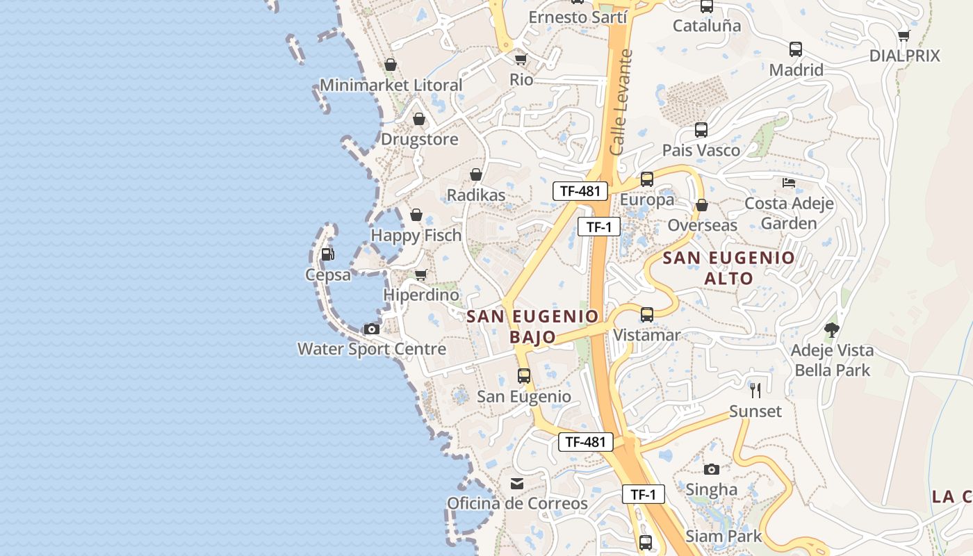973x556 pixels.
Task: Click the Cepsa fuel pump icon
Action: coord(328,254)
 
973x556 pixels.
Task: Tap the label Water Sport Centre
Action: coord(372,348)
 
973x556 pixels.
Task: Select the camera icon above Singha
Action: coord(711,469)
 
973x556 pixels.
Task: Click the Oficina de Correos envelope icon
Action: coord(517,484)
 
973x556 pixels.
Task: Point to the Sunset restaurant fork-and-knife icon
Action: coord(755,391)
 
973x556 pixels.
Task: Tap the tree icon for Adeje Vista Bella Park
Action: coord(832,329)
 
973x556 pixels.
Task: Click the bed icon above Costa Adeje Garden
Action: coord(789,183)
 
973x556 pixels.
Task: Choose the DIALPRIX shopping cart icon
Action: coord(904,35)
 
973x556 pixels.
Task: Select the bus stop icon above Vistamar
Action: coord(647,314)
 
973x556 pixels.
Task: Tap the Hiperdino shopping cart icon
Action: coord(420,275)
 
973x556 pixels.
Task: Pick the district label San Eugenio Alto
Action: coord(728,268)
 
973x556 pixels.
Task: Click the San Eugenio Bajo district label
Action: coord(532,327)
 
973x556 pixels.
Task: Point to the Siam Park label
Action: coord(723,537)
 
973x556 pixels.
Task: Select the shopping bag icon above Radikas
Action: coord(476,174)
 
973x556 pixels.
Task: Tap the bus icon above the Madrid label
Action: coord(796,49)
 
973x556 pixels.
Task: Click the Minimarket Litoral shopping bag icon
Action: coord(391,65)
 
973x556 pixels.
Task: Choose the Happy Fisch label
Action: coord(416,236)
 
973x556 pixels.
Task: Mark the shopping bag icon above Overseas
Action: coord(702,205)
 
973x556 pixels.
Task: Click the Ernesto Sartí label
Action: coord(578,17)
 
